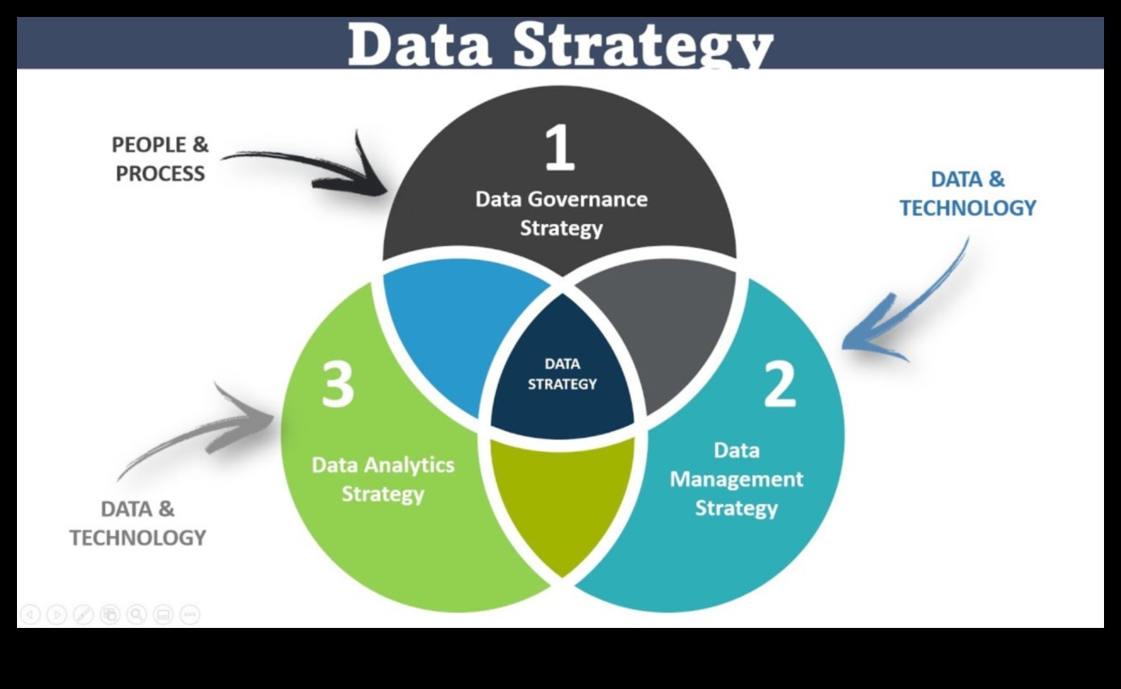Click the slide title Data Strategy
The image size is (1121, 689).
coord(560,44)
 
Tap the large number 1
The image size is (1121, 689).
coord(560,147)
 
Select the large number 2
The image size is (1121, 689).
coord(780,384)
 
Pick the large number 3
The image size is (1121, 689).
coord(338,384)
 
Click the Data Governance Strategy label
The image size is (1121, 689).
coord(561,214)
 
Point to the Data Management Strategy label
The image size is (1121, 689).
coord(736,479)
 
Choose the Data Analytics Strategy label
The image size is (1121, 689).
coord(383,479)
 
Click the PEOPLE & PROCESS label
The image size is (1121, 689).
coord(161,159)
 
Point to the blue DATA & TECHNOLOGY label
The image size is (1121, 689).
coord(968,193)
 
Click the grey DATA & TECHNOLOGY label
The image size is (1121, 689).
coord(138,524)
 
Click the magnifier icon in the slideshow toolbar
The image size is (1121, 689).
coord(137,614)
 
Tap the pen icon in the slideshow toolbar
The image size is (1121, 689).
coord(83,614)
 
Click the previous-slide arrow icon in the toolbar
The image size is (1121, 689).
coord(30,614)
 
